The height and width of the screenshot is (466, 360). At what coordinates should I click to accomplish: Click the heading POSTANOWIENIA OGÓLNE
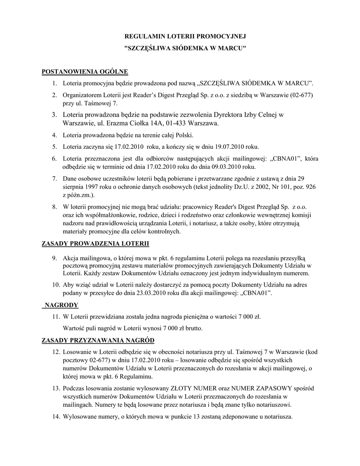[85, 71]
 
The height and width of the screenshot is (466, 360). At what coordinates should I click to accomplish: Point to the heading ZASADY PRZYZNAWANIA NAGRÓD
[98, 340]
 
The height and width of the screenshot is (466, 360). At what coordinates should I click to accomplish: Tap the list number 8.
[54, 207]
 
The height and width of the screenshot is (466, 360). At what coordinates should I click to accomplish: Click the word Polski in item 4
[184, 135]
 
